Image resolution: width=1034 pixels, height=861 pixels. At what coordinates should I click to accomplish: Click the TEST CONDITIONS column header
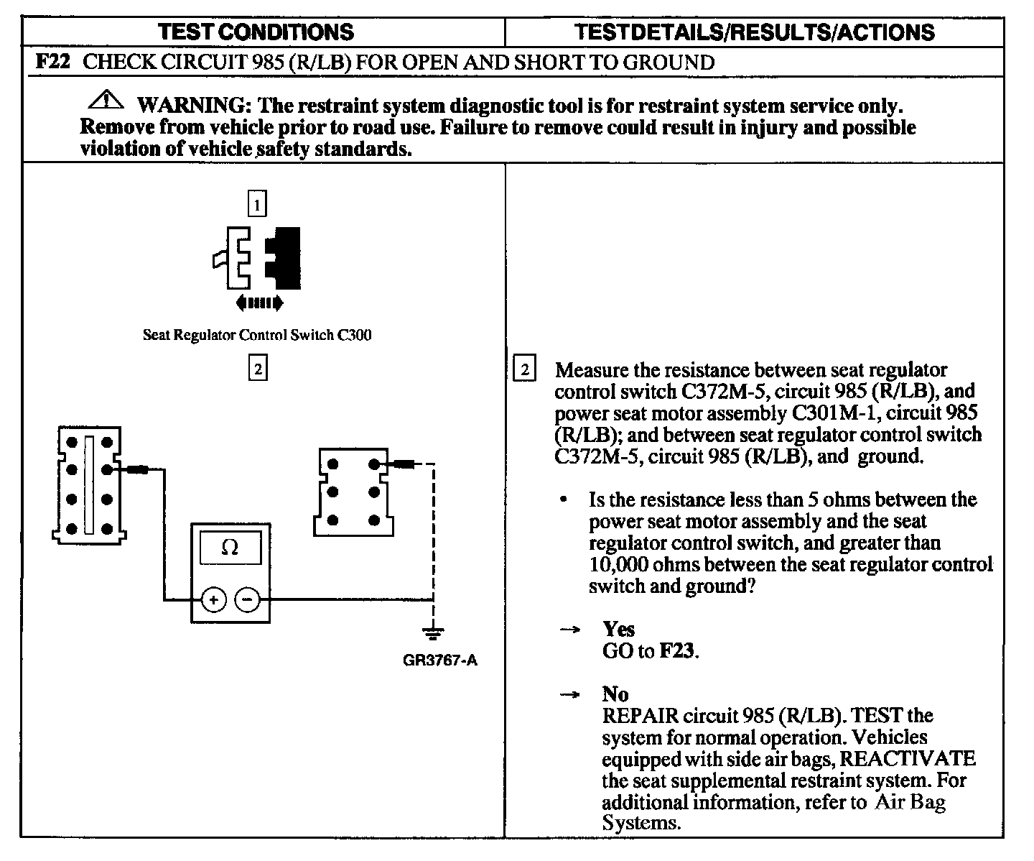[x=256, y=32]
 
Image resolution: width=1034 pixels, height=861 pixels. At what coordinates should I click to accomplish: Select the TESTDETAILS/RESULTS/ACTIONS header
[x=755, y=32]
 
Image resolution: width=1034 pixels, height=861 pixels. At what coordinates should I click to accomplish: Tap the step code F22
[x=52, y=62]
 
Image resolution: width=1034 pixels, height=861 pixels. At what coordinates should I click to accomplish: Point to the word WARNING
[x=192, y=106]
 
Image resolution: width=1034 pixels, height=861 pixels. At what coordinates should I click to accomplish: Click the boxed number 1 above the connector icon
[x=257, y=204]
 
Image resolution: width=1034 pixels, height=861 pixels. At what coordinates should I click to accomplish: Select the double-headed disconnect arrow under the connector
[x=258, y=303]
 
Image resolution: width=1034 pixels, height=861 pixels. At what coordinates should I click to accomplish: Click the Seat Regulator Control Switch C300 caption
[x=257, y=335]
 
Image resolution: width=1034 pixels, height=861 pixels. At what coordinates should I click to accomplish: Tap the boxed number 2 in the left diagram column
[x=257, y=369]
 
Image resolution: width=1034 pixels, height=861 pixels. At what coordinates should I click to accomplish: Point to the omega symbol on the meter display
[x=230, y=548]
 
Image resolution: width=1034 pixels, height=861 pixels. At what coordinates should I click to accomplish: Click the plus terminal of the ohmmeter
[x=213, y=599]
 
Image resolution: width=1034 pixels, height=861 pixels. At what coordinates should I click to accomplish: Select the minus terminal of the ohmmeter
[x=248, y=599]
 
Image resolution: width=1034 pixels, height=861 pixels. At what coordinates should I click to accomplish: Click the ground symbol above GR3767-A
[x=432, y=633]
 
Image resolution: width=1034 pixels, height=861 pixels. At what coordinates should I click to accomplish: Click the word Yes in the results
[x=618, y=630]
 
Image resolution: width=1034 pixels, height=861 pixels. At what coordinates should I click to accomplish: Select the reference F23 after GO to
[x=677, y=651]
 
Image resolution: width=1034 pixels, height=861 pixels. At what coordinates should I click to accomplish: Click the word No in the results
[x=615, y=694]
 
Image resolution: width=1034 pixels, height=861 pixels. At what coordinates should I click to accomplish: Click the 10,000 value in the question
[x=618, y=564]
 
